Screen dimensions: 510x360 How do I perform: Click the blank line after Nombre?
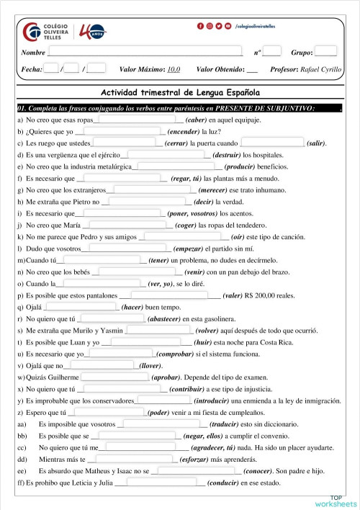(x=144, y=53)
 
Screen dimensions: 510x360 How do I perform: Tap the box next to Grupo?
(x=325, y=52)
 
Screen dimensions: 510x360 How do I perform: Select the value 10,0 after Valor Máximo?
(x=173, y=70)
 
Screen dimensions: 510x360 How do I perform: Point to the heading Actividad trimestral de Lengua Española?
(x=180, y=94)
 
